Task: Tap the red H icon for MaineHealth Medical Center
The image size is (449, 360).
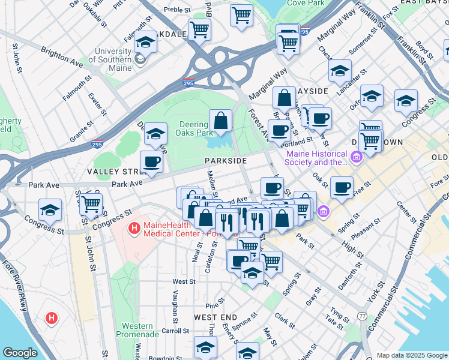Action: [134, 229]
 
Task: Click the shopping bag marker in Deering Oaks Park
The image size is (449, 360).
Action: [221, 120]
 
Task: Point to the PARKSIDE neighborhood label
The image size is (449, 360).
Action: [225, 161]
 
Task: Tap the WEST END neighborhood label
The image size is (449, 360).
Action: [215, 317]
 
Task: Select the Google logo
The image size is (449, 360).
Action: [20, 353]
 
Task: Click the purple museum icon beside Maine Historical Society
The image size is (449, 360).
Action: [357, 157]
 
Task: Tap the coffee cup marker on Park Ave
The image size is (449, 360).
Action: [151, 161]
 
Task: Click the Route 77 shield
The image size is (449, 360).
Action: [361, 316]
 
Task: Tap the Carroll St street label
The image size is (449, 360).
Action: [175, 331]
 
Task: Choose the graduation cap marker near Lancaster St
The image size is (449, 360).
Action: [340, 70]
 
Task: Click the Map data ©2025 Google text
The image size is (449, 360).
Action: [411, 355]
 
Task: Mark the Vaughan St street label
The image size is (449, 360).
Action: [174, 301]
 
